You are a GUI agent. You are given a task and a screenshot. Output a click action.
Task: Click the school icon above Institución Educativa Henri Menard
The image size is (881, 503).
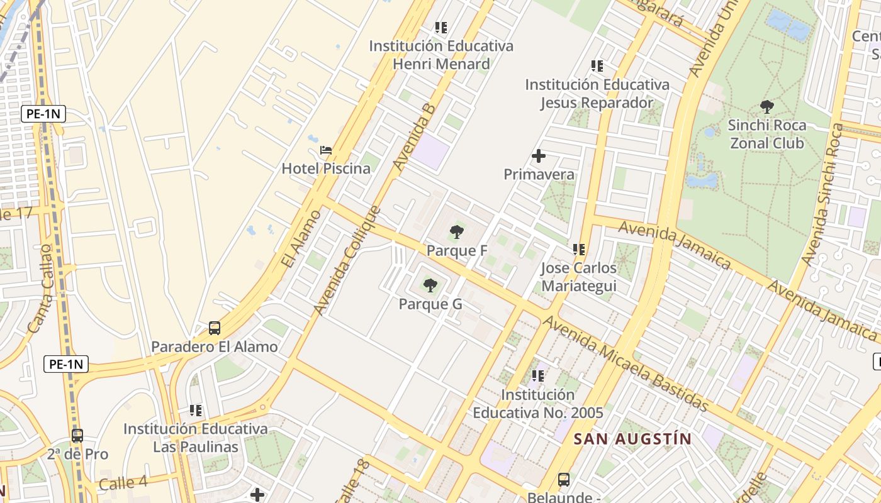point(441,28)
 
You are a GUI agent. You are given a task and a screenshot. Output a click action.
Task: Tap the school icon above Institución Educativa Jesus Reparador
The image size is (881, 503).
point(597,65)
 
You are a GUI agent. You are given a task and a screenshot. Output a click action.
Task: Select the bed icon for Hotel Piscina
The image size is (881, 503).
point(326,150)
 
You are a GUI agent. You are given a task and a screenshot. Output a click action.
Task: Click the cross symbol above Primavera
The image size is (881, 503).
point(539,156)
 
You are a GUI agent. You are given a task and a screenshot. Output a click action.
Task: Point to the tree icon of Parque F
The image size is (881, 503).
point(457,233)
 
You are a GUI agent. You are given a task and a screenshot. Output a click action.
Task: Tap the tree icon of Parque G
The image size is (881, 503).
point(430,286)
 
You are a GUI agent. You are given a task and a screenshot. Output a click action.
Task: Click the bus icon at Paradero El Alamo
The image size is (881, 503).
point(215,328)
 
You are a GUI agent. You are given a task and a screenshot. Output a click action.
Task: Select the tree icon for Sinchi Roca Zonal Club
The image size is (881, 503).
point(766,107)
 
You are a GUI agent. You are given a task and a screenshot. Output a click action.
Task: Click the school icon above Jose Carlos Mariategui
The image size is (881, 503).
point(579,250)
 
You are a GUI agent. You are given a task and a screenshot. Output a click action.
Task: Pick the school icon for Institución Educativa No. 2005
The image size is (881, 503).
point(538,377)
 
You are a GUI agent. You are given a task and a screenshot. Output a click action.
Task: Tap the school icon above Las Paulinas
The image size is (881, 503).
point(196,411)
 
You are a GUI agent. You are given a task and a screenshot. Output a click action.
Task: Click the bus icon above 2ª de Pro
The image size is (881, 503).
point(77,436)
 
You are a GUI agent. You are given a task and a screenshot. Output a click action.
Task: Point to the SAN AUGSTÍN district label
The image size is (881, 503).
point(633,439)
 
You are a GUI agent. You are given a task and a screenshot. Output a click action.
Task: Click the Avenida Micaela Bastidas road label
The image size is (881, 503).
point(626,364)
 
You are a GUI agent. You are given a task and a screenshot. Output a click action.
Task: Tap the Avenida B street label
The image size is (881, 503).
point(414,137)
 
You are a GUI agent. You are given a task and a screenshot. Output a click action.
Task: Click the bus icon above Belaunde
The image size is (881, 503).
point(564,480)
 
